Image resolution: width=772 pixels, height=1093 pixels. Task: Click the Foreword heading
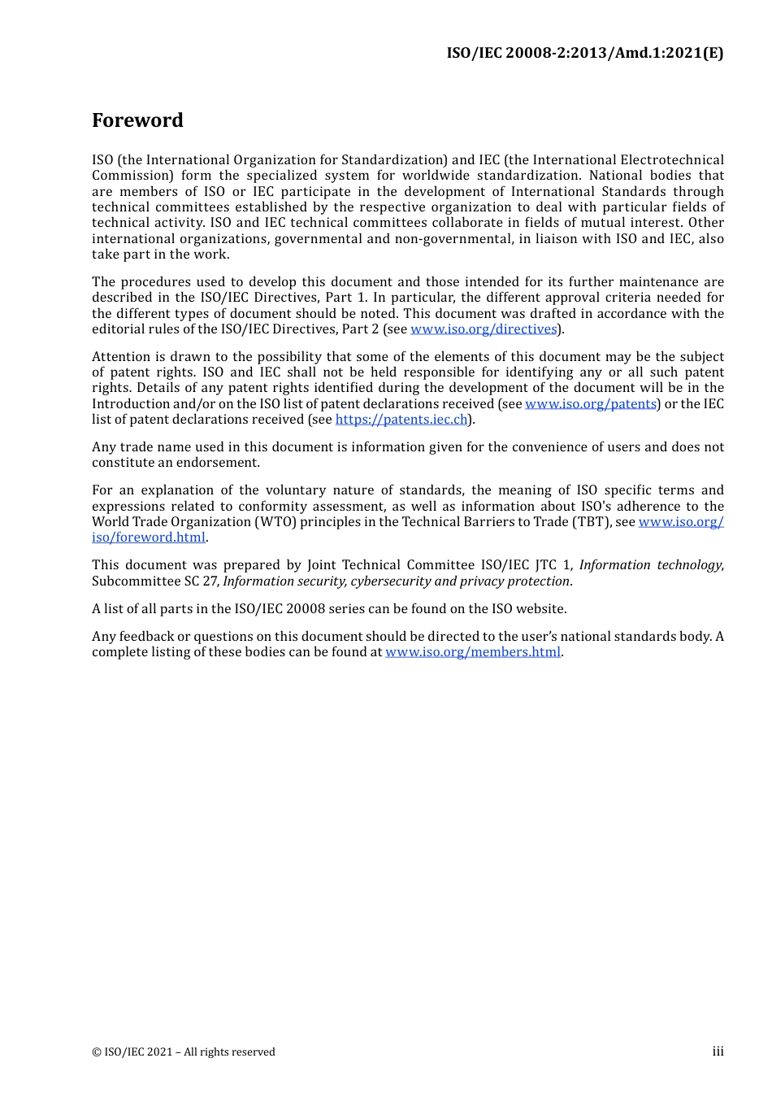(137, 120)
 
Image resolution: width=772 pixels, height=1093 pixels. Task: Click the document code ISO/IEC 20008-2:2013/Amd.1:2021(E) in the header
(584, 53)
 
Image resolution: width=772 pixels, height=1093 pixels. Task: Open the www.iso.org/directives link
(484, 329)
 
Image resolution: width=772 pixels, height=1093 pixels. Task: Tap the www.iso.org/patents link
(591, 404)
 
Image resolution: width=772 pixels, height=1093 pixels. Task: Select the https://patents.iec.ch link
(401, 420)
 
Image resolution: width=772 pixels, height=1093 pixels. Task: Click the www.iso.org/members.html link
(473, 652)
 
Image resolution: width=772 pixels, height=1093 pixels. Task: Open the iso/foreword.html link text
(149, 538)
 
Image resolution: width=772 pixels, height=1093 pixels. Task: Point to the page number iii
(718, 1052)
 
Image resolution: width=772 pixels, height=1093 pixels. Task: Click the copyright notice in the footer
(184, 1052)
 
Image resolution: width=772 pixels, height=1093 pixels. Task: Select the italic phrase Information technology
(650, 565)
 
